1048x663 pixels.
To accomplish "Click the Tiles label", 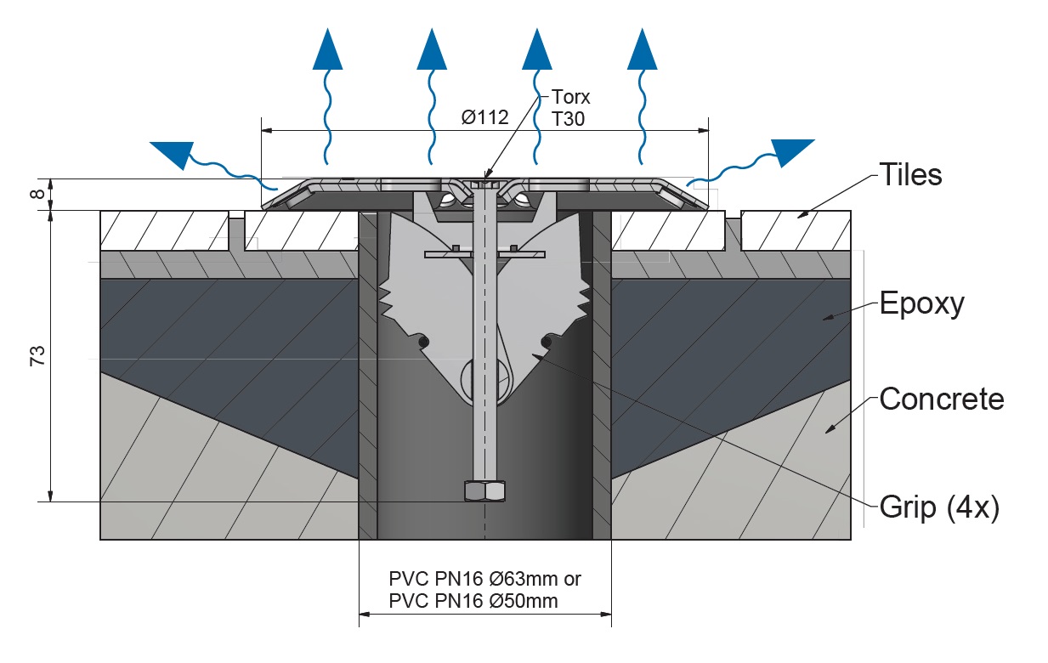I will coord(909,174).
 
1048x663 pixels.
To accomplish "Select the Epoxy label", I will coord(921,303).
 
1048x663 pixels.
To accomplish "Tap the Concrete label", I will coord(941,398).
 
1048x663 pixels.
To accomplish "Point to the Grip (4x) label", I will coord(938,507).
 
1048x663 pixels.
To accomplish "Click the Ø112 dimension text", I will coord(485,116).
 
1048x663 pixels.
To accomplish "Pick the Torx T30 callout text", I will coord(570,107).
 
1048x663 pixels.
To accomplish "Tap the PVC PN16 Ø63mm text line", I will coord(484,579).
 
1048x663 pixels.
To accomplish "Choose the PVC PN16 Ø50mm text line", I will coord(473,601).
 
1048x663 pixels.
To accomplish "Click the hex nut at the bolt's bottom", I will coord(484,491).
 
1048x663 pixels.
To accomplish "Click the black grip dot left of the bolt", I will coord(424,342).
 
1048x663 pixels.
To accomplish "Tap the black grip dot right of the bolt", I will coord(546,342).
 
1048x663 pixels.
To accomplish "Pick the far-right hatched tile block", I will coord(796,229).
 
